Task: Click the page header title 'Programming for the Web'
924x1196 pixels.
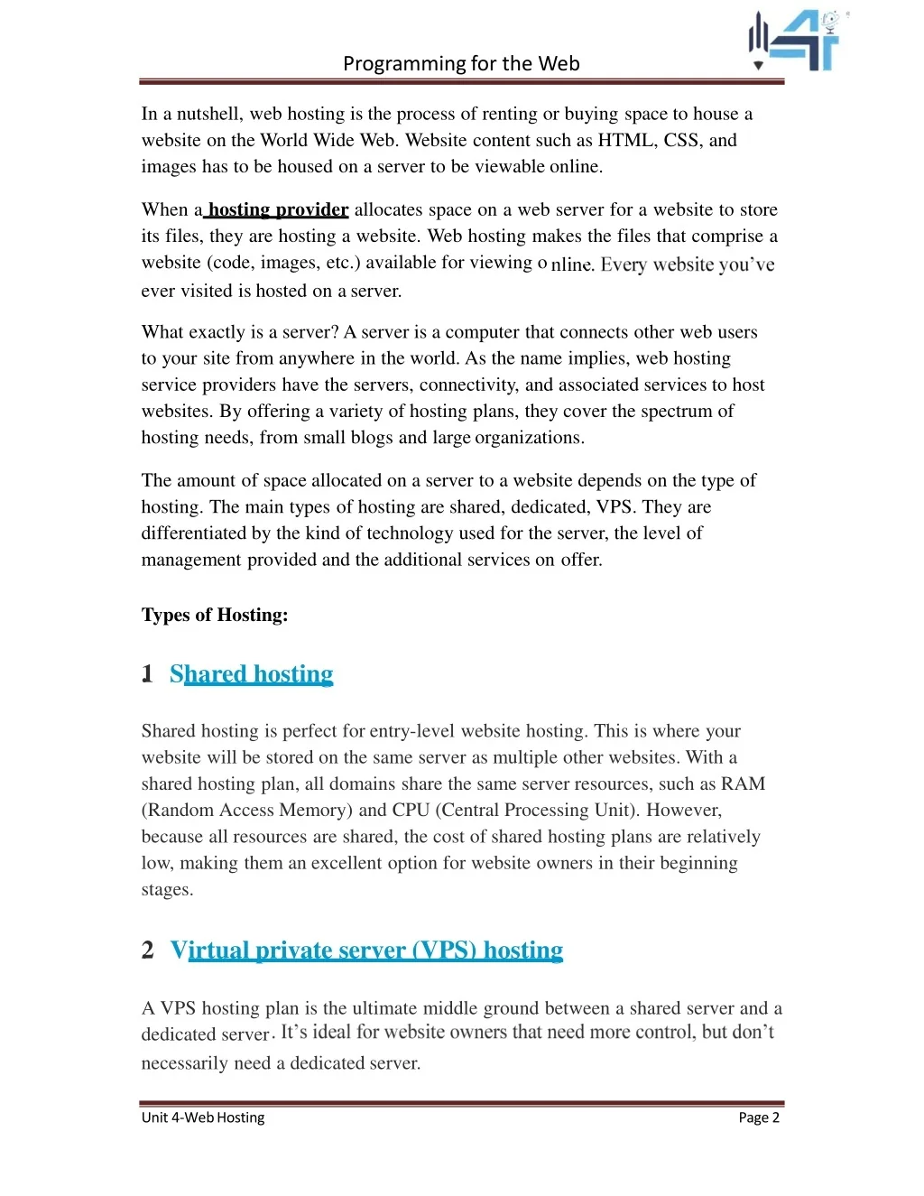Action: click(x=461, y=63)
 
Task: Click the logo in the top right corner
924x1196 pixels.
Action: click(x=794, y=41)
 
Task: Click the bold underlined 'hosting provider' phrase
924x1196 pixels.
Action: click(x=278, y=209)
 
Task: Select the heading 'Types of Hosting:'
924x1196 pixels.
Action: click(x=215, y=615)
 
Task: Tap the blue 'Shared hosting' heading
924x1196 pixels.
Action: click(x=251, y=674)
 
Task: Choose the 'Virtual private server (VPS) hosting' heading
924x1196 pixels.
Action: click(x=366, y=950)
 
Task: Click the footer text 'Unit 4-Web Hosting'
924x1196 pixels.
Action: click(x=203, y=1117)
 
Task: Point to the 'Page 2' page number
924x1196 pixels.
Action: click(x=758, y=1117)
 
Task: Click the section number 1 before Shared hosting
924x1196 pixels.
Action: click(x=147, y=674)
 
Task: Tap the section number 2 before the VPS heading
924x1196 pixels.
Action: click(x=148, y=950)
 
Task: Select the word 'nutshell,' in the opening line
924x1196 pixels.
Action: click(x=209, y=114)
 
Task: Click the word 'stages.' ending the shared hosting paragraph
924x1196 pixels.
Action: click(x=167, y=889)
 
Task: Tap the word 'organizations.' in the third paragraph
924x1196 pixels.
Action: click(x=530, y=438)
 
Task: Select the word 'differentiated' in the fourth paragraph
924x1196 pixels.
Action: click(x=193, y=533)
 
